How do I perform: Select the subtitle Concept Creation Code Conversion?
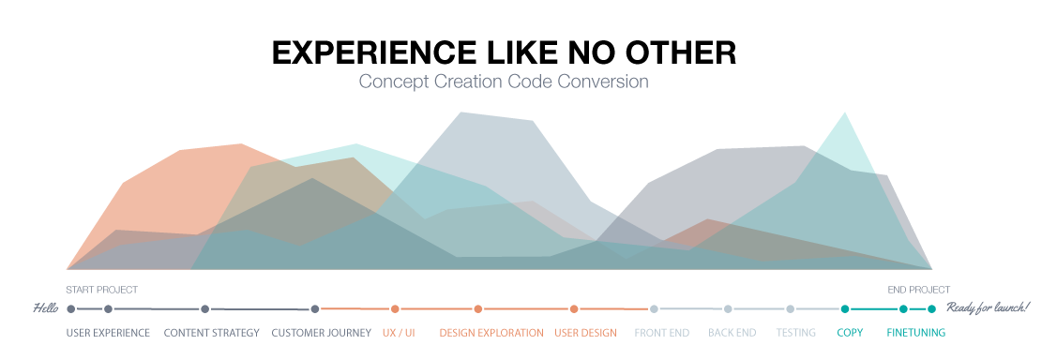point(504,82)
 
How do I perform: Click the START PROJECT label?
point(101,290)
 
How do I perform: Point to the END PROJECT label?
point(918,290)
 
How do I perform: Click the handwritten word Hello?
point(46,307)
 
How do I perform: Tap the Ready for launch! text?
point(988,307)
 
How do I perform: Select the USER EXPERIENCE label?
point(108,333)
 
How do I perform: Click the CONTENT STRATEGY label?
point(211,333)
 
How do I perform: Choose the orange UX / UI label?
point(399,333)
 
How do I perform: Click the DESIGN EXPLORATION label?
point(491,333)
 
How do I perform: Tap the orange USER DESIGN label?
point(585,333)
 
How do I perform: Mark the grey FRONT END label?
point(662,333)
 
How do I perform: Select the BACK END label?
point(733,333)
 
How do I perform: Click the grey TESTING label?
point(795,333)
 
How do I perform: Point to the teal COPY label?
point(850,333)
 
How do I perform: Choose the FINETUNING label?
point(915,333)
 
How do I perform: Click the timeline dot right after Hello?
point(71,308)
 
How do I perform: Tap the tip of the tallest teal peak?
point(846,113)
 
